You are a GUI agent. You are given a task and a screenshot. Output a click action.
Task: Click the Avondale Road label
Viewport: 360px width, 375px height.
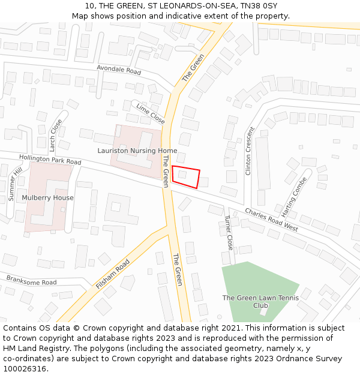[119, 71]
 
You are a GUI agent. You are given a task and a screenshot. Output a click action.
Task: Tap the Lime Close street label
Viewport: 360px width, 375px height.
[150, 113]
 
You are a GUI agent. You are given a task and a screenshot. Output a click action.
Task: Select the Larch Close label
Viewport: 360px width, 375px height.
[56, 135]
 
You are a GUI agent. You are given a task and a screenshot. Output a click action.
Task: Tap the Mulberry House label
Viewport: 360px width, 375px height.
[47, 197]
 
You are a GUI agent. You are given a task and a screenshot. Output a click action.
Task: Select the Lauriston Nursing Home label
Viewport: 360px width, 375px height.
[137, 151]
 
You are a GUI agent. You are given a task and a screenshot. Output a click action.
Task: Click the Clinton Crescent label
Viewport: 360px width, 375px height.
[250, 151]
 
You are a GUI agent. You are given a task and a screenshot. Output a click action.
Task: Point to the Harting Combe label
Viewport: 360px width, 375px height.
[294, 197]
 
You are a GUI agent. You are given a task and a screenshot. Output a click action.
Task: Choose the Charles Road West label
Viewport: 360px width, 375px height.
[271, 220]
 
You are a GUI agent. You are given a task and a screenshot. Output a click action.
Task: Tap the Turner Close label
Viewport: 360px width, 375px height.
[229, 233]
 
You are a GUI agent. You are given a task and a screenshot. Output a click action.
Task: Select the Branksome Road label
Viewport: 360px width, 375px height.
[31, 281]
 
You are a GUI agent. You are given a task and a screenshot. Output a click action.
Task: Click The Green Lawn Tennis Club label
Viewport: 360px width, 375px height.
[253, 301]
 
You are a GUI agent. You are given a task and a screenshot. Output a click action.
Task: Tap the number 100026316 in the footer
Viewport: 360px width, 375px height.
[25, 368]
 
